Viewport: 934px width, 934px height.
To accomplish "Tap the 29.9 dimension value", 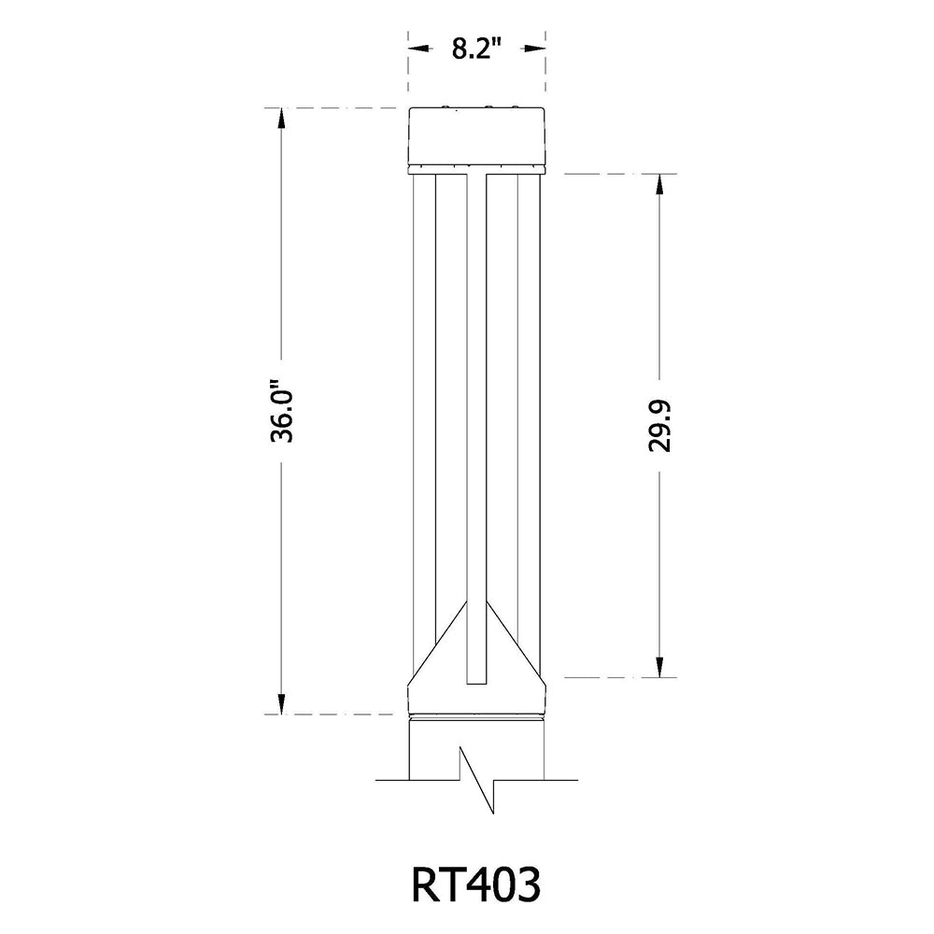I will pos(660,425).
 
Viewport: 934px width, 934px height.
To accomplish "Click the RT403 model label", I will pos(475,884).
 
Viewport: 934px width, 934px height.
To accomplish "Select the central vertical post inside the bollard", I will pos(476,420).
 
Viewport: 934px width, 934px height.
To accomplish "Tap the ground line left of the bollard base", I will pos(392,778).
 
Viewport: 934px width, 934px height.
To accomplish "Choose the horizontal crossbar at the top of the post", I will pos(476,174).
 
